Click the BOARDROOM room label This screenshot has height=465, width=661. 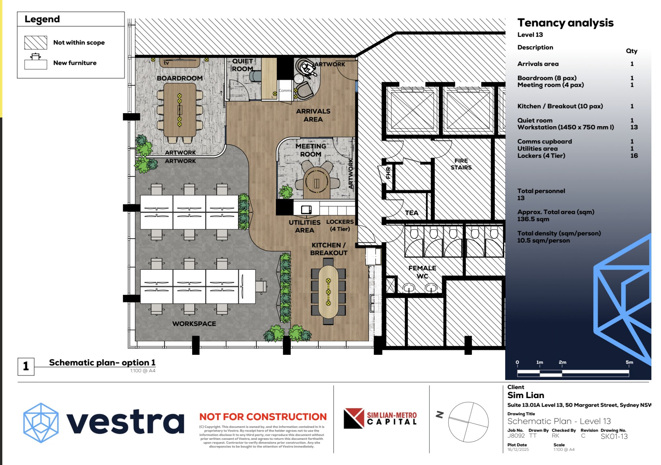tap(180, 78)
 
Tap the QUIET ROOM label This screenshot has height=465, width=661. tap(242, 65)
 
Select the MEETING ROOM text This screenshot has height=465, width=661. tap(311, 150)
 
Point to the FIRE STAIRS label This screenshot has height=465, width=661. tap(461, 164)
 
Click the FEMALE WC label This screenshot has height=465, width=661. tap(422, 272)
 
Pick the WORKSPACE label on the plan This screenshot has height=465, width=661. tap(194, 324)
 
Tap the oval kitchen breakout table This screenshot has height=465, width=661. tap(328, 292)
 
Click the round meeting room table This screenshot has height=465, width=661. tap(316, 182)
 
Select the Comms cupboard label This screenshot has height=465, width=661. tap(285, 90)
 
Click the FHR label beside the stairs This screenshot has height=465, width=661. tap(388, 173)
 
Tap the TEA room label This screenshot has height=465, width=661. tap(412, 213)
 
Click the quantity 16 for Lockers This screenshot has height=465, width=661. tap(634, 156)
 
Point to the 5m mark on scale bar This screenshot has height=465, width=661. tap(629, 362)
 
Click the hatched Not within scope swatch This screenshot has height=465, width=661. tap(35, 42)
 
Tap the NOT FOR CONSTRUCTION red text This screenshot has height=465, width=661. tap(263, 417)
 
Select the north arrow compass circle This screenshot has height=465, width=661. tap(468, 422)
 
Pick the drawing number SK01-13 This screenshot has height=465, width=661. tap(614, 436)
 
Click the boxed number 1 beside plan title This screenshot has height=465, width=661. tap(26, 366)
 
